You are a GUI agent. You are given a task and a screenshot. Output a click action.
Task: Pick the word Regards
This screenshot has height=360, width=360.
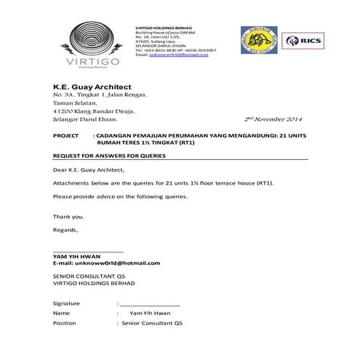tap(65, 230)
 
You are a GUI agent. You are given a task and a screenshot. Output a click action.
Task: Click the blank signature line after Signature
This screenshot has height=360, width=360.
tap(150, 303)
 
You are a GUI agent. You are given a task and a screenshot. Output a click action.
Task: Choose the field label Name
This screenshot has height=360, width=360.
tap(62, 313)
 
